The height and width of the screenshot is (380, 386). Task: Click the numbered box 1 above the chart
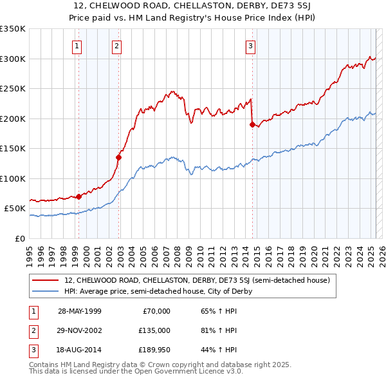coord(77,46)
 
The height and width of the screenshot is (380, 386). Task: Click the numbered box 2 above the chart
coord(116,46)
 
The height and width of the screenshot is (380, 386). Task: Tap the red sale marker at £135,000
coord(119,157)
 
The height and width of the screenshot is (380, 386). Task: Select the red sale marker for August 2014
coord(252,124)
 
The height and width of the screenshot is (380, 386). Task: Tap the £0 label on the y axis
coord(19,238)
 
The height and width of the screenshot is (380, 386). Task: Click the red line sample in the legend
coord(45,280)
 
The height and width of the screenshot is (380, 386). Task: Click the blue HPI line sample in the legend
coord(45,291)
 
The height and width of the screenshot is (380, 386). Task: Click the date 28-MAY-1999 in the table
coord(80,311)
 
